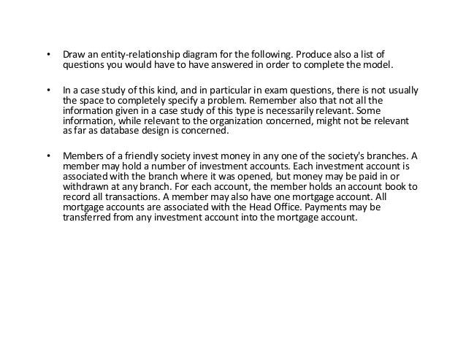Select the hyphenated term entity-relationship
[x=139, y=54]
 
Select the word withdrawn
[x=84, y=187]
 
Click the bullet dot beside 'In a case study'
[x=48, y=91]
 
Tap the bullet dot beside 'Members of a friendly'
[x=48, y=156]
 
